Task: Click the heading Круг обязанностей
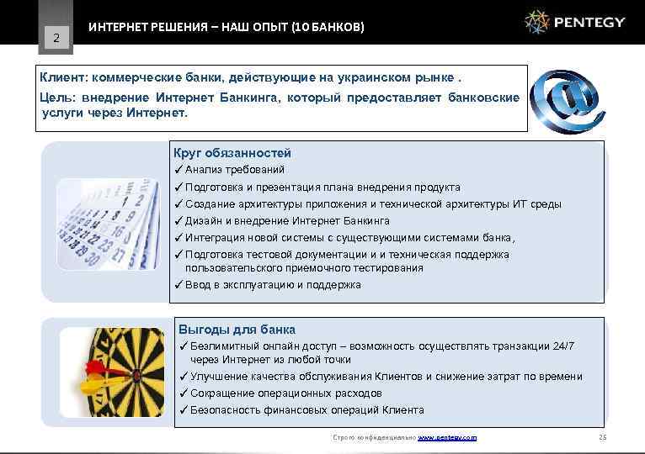pos(232,153)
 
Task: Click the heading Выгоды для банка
pos(237,330)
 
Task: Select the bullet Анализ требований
pos(229,170)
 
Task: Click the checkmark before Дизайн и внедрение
pos(179,221)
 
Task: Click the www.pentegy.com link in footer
pos(447,438)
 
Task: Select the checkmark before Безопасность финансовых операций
pos(184,410)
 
